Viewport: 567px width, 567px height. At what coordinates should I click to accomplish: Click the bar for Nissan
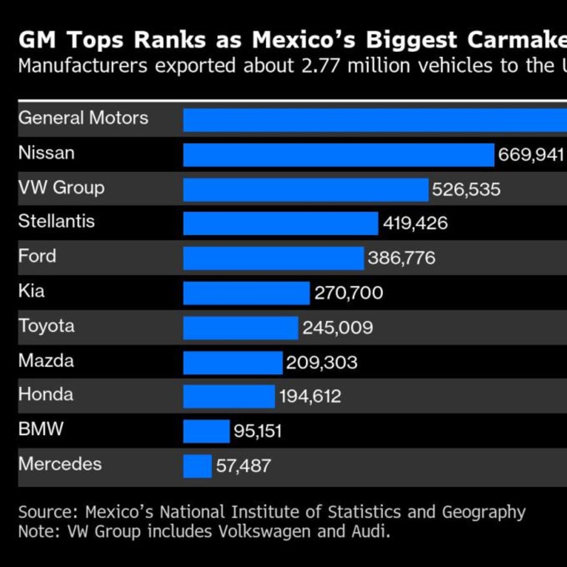(x=339, y=155)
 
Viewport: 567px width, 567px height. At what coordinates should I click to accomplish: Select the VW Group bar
(x=306, y=190)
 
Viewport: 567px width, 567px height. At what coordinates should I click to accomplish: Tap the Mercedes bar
(x=197, y=466)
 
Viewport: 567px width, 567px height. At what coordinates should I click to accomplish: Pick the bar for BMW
(x=206, y=431)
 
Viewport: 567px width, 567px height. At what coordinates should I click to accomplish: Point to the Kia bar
(x=246, y=293)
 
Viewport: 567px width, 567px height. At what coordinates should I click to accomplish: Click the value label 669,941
(x=531, y=155)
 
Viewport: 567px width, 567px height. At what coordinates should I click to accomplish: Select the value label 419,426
(x=415, y=223)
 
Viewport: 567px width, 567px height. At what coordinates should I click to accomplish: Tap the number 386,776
(x=401, y=258)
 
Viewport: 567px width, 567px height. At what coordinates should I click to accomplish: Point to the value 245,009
(x=338, y=328)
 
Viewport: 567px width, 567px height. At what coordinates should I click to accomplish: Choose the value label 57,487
(x=243, y=466)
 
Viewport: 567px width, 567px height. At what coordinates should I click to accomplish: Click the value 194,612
(x=310, y=396)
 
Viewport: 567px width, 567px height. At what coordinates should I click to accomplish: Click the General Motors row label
(x=83, y=118)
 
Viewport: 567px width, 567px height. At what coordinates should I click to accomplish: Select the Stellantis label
(x=56, y=221)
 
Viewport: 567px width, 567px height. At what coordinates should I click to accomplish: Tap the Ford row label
(x=37, y=256)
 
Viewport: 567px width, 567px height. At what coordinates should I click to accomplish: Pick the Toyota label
(x=46, y=326)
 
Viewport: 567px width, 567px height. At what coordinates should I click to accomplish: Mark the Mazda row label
(x=46, y=361)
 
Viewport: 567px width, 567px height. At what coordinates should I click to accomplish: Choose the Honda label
(x=46, y=394)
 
